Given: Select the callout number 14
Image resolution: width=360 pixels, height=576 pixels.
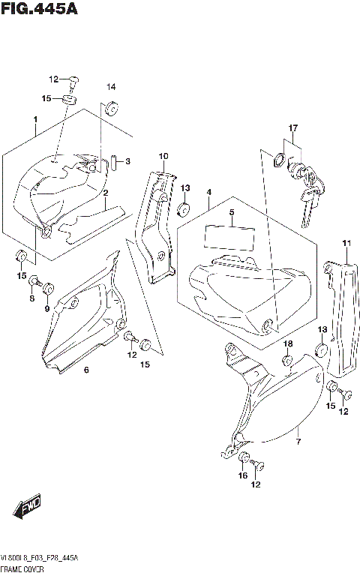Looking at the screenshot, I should click(x=110, y=87).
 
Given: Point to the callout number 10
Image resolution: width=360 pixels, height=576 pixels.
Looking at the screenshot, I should click(x=162, y=156).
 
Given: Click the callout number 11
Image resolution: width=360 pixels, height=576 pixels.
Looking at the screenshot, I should click(x=346, y=243).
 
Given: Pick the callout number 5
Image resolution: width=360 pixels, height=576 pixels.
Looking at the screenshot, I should click(x=232, y=213).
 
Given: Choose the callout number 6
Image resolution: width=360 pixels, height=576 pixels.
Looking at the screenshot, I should click(x=86, y=370).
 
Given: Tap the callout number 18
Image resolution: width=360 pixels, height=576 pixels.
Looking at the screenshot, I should click(x=287, y=343).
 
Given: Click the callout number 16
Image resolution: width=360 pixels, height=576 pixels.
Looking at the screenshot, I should click(x=242, y=475).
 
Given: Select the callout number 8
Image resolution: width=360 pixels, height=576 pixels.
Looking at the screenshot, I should click(x=32, y=299).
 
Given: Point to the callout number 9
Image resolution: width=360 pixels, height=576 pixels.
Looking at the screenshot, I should click(x=46, y=308).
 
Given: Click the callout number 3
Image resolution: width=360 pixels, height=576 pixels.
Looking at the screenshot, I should click(x=128, y=161).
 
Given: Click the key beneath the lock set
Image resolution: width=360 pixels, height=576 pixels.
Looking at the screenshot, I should click(x=307, y=205).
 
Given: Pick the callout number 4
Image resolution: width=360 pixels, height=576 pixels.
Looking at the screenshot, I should click(x=208, y=193).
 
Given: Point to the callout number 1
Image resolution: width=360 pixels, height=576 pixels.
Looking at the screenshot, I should click(x=34, y=119).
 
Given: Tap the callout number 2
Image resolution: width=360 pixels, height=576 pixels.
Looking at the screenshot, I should click(x=106, y=193).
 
